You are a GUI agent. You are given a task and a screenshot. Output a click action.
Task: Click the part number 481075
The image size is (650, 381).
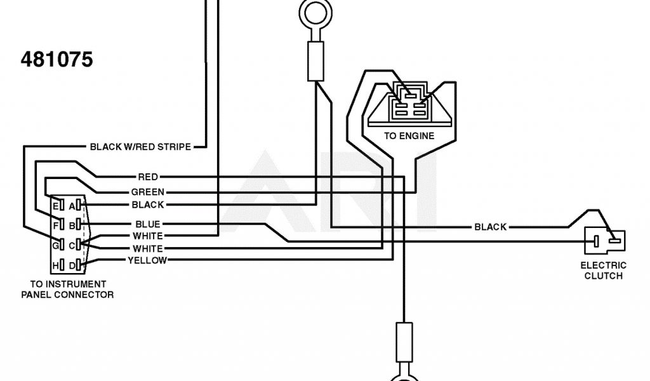pyautogui.click(x=57, y=60)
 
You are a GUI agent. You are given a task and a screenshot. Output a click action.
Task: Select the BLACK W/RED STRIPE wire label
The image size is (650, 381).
pyautogui.click(x=140, y=147)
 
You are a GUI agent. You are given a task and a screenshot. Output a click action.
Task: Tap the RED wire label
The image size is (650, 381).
pyautogui.click(x=148, y=177)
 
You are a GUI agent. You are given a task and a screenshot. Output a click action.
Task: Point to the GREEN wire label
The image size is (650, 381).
pyautogui.click(x=147, y=192)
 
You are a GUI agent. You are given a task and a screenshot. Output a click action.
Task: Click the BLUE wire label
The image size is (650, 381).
pyautogui.click(x=148, y=224)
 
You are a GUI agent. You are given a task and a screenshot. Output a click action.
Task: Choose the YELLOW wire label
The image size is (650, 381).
pyautogui.click(x=147, y=260)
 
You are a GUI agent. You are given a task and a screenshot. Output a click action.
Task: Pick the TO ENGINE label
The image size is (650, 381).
pyautogui.click(x=409, y=136)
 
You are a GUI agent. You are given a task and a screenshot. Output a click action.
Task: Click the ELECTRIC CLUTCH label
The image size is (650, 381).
pyautogui.click(x=604, y=271)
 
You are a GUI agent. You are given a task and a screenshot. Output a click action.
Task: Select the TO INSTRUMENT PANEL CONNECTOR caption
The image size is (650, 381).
pyautogui.click(x=68, y=290)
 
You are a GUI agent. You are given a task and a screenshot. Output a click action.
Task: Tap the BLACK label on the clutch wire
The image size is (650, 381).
pyautogui.click(x=490, y=227)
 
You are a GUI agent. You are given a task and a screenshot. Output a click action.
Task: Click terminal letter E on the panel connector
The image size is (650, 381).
pyautogui.click(x=55, y=205)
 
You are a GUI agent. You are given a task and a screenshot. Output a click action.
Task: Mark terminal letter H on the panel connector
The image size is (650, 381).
pyautogui.click(x=55, y=264)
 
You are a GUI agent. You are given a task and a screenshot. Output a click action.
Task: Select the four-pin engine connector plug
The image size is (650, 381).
pyautogui.click(x=408, y=102)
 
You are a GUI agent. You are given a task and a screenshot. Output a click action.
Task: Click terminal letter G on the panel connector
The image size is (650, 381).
pyautogui.click(x=55, y=244)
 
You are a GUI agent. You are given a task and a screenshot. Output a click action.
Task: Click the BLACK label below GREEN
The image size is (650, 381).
pyautogui.click(x=148, y=204)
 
